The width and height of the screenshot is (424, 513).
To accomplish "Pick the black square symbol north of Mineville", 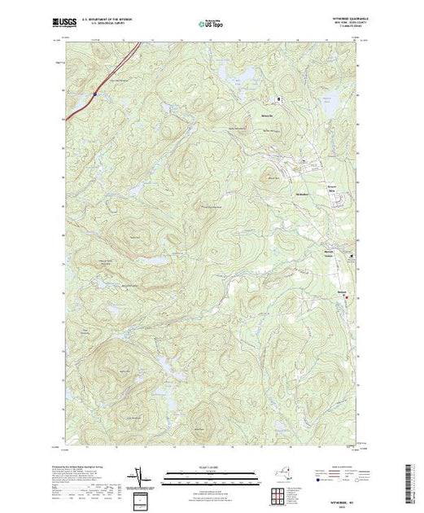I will pos(279,99).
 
